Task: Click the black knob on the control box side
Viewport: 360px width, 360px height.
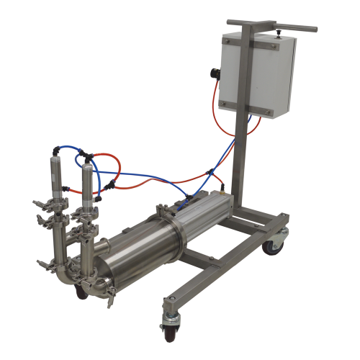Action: pyautogui.click(x=214, y=73)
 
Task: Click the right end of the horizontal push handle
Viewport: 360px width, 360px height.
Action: pyautogui.click(x=314, y=28)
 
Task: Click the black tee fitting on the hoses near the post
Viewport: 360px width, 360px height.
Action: pyautogui.click(x=209, y=173)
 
